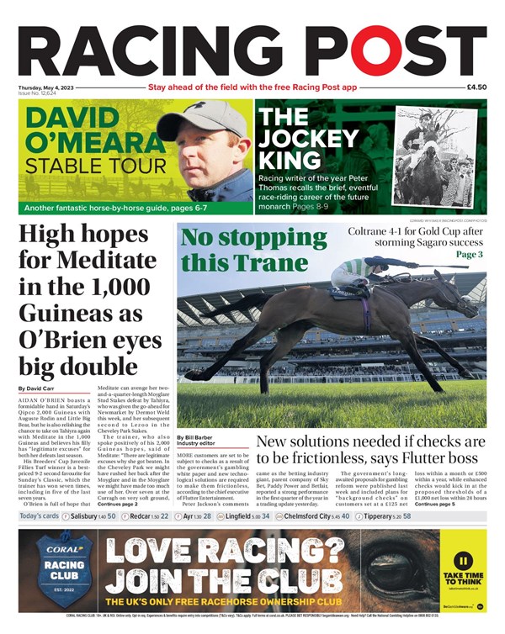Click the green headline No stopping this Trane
tap(245, 250)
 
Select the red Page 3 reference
tap(468, 254)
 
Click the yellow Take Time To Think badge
tap(462, 568)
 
